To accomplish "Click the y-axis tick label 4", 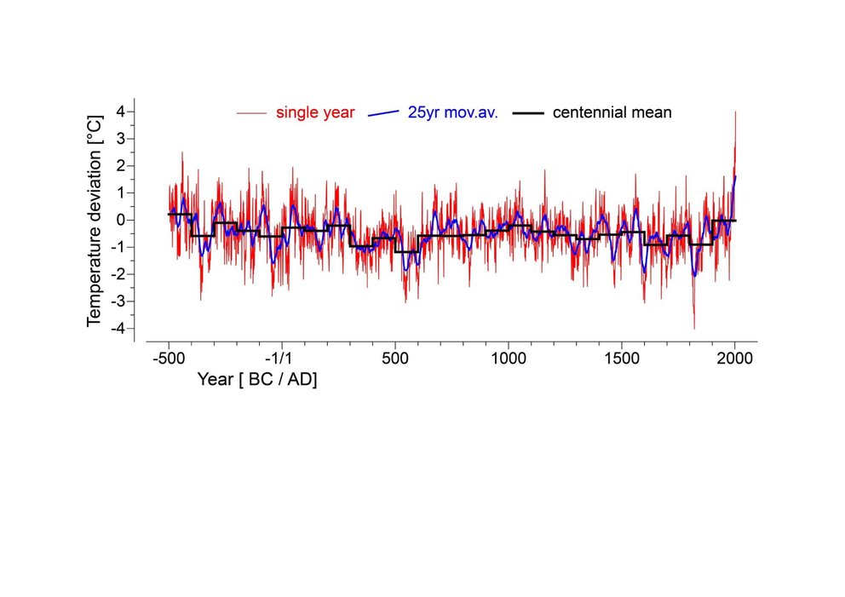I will tap(121, 112).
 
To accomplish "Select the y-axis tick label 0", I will tap(121, 220).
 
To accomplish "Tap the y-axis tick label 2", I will tap(121, 166).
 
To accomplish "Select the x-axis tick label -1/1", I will tap(282, 359).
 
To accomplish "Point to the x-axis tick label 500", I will tap(395, 359).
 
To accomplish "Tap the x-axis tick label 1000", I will tap(509, 359).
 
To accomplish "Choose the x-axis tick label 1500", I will tap(622, 359).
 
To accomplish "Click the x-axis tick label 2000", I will tap(734, 359).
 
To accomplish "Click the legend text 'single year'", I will tap(315, 112).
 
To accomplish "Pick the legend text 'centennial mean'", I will tap(612, 112).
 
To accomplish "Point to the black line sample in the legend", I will tap(532, 112).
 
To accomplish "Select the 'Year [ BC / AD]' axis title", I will tap(256, 380).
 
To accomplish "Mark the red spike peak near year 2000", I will tap(735, 112).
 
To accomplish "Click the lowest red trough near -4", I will tap(694, 328).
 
